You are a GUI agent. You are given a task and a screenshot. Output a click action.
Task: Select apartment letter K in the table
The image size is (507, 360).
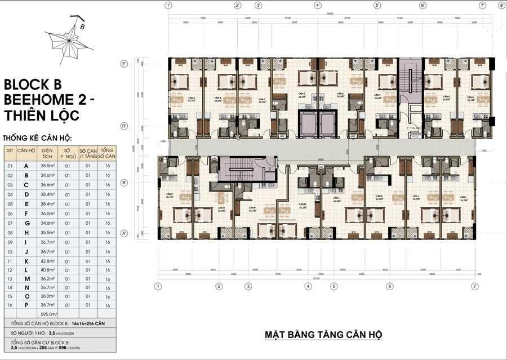[x=26, y=261]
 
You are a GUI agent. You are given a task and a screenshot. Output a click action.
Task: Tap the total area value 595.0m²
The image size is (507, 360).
[x=50, y=314]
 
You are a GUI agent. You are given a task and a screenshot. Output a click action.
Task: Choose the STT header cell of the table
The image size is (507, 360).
[x=10, y=151]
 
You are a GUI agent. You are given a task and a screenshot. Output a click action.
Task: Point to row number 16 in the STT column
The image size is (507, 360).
[x=10, y=305]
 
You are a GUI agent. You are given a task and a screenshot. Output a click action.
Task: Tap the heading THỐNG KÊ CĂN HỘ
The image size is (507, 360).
[x=37, y=137]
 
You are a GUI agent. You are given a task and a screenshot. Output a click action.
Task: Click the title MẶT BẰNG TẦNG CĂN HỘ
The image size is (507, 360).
[x=324, y=335]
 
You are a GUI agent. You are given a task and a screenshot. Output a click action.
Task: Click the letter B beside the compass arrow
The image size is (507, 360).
[x=82, y=25]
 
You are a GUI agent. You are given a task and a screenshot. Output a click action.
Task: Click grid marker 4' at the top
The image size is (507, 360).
[x=318, y=6]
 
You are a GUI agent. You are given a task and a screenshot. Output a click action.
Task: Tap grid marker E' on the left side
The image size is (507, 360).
[x=124, y=64]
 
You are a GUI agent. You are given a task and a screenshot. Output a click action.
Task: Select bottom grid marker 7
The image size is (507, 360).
[x=476, y=286]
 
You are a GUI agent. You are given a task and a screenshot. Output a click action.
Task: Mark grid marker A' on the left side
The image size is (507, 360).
[x=124, y=233]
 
